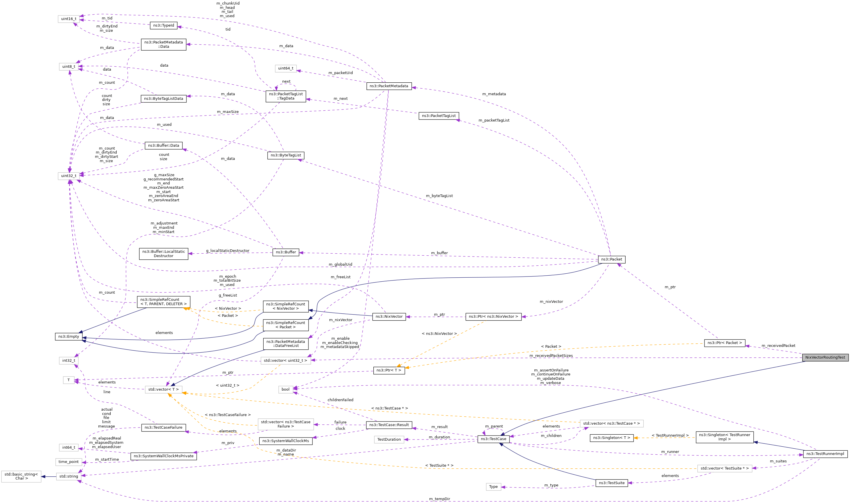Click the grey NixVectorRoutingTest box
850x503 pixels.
tap(825, 357)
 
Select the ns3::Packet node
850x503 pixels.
tap(611, 259)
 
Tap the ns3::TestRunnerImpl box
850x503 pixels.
tap(825, 454)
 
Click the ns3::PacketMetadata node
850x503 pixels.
tap(389, 86)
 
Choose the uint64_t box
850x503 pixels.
tap(286, 68)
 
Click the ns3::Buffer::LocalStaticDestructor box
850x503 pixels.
tap(163, 254)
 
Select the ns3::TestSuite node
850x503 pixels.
tap(611, 483)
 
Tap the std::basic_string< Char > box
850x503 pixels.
tap(21, 476)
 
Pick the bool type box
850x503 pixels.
tap(285, 389)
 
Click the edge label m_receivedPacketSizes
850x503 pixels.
tap(551, 355)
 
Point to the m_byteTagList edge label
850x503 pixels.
tap(439, 196)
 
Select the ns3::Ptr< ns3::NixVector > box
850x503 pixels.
tap(493, 317)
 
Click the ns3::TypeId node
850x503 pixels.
tap(163, 25)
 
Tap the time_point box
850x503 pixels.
tap(68, 462)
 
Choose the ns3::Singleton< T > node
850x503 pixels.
tap(611, 438)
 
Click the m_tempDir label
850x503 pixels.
tap(439, 499)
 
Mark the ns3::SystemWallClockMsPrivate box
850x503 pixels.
tap(163, 456)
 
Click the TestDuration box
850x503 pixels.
tap(389, 440)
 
